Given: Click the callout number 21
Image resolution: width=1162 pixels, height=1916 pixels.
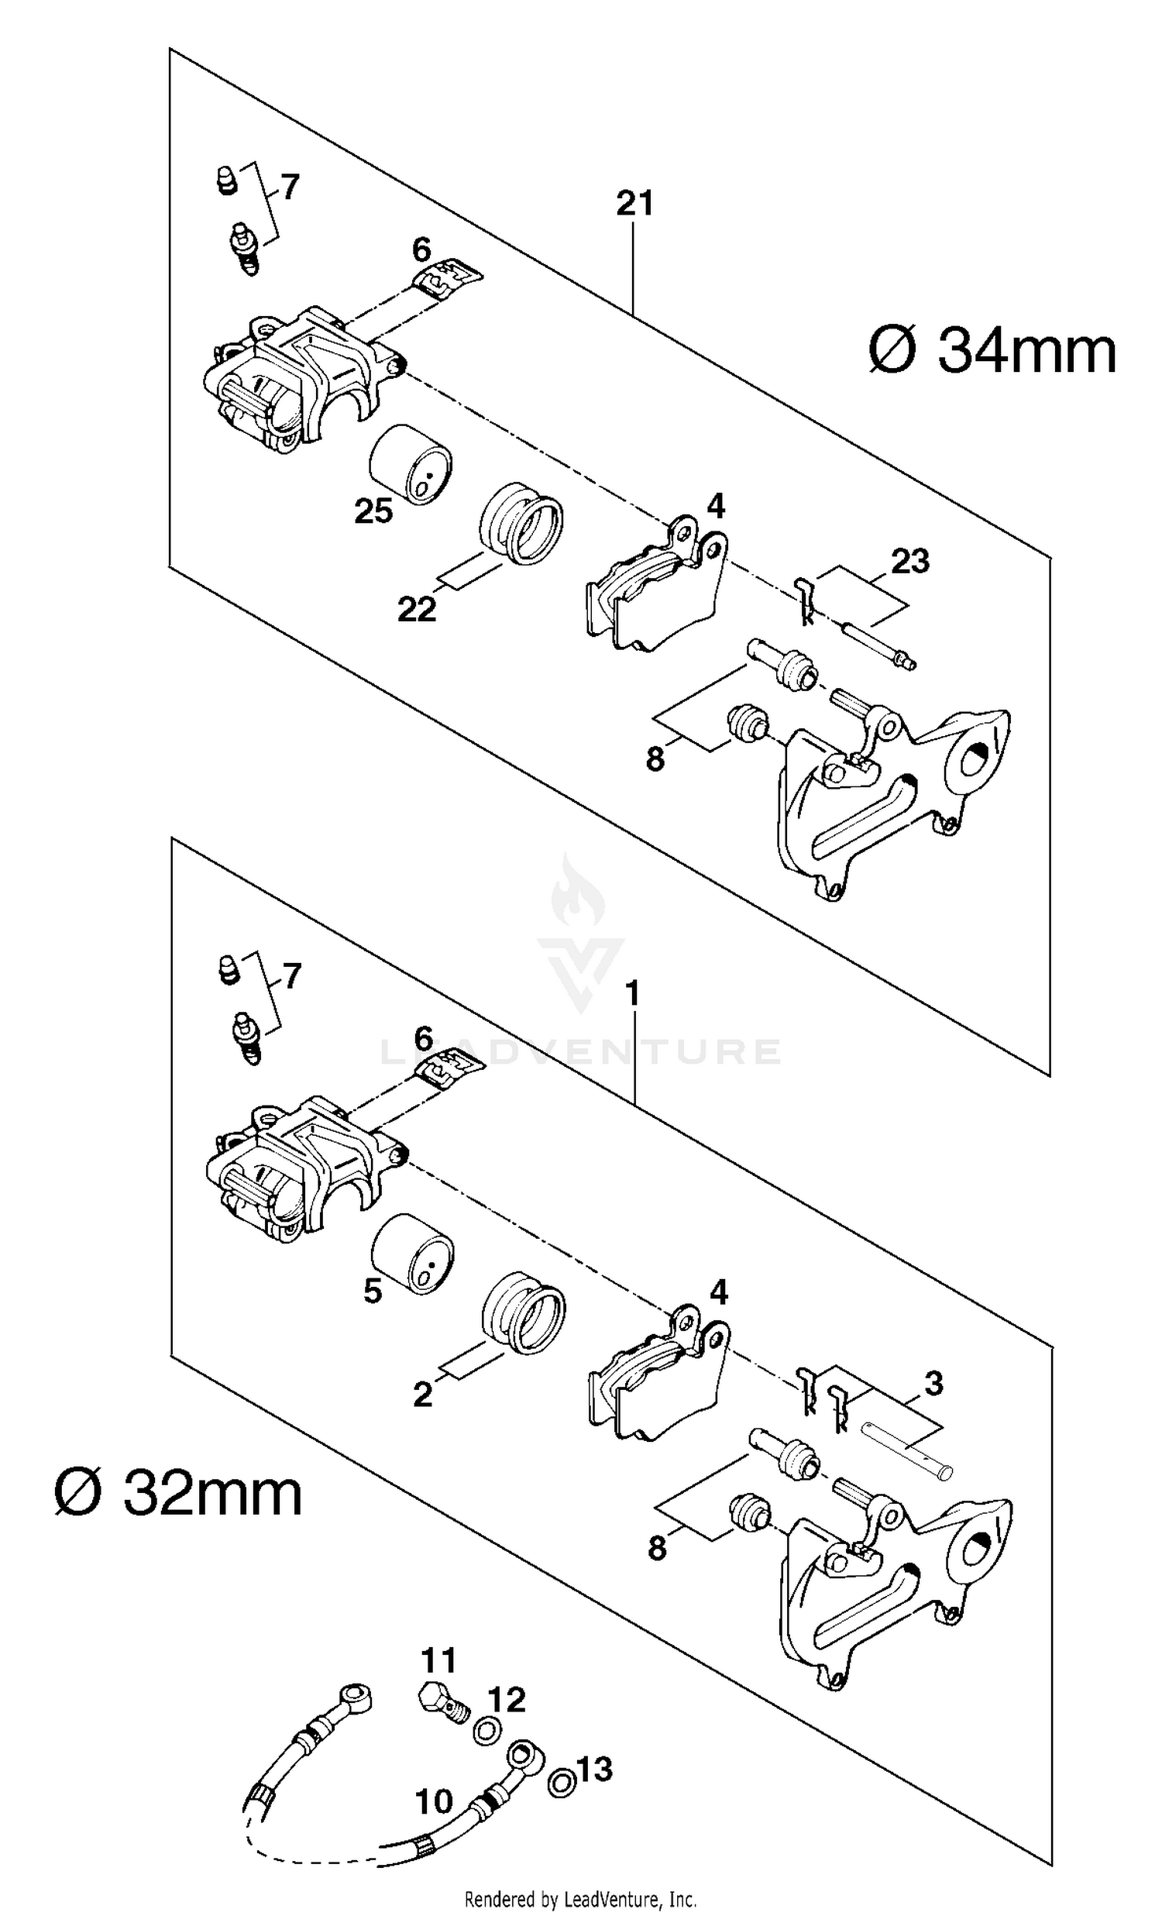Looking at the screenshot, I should click(x=634, y=204).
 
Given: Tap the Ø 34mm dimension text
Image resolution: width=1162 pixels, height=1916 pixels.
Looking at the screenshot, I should click(x=992, y=352).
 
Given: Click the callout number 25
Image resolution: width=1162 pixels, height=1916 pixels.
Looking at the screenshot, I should click(x=373, y=511).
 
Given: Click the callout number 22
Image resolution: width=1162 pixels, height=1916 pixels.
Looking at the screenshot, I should click(x=417, y=610).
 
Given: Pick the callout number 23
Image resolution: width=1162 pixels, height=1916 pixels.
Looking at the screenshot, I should click(x=910, y=561).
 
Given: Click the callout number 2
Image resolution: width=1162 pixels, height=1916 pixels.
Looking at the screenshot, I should click(x=422, y=1395).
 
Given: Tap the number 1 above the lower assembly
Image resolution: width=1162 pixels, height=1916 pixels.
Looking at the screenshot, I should click(x=633, y=994).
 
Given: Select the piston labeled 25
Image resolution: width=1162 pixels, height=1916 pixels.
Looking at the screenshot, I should click(x=411, y=465).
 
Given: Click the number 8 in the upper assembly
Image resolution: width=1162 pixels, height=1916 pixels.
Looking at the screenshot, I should click(x=655, y=758).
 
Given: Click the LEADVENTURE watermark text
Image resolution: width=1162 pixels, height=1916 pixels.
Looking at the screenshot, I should click(x=579, y=1052).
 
